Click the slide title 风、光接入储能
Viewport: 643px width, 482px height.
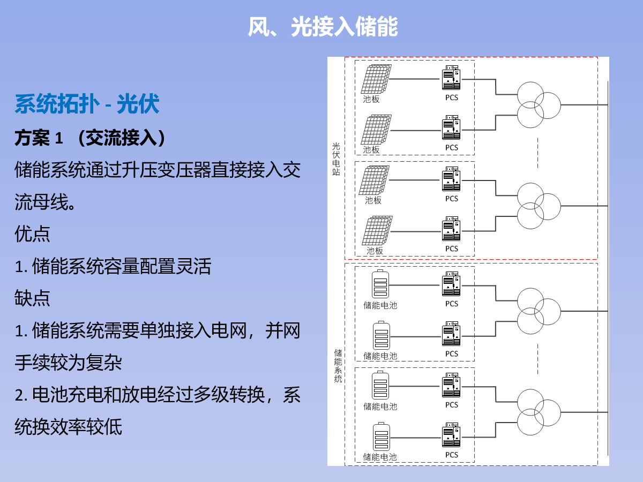(x=323, y=27)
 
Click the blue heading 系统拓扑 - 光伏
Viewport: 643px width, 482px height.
(x=87, y=104)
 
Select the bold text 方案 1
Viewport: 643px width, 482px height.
(x=39, y=138)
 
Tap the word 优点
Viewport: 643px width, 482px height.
(x=32, y=234)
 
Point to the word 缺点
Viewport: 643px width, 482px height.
(x=32, y=298)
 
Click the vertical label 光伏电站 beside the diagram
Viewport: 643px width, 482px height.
(x=336, y=159)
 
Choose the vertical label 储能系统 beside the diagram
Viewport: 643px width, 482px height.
(x=338, y=366)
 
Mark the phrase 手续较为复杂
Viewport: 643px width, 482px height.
(x=68, y=363)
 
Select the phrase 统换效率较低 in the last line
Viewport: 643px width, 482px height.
(x=68, y=427)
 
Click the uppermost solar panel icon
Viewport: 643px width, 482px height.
(x=376, y=79)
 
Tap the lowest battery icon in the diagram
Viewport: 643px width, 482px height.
(x=382, y=436)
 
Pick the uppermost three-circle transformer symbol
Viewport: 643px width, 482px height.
(x=539, y=105)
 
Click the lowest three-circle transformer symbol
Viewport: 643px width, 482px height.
(x=539, y=412)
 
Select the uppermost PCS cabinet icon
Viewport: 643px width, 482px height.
(x=451, y=78)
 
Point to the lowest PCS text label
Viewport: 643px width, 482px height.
(x=451, y=455)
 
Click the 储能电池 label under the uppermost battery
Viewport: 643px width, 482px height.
(x=380, y=305)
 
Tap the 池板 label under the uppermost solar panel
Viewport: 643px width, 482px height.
(x=371, y=99)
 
